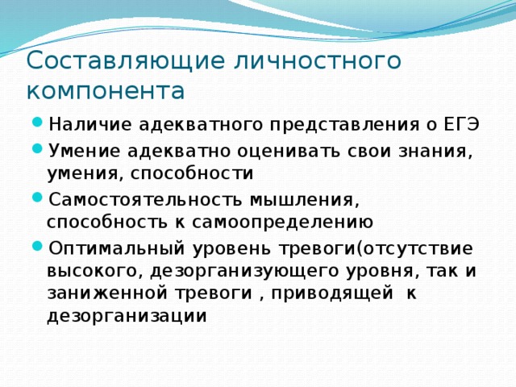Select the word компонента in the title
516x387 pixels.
[x=106, y=89]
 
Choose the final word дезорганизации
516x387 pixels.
[x=127, y=316]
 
